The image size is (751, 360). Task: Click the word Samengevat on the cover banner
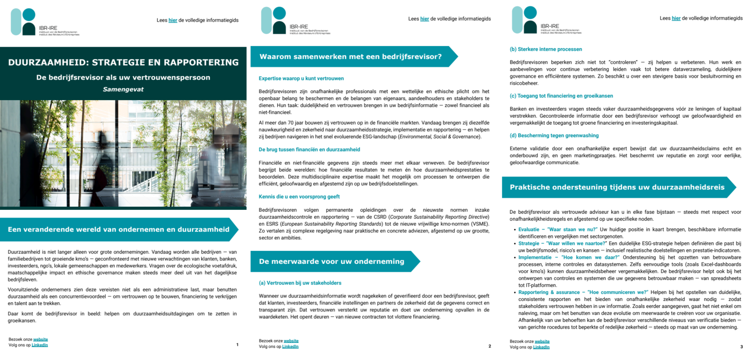click(x=123, y=90)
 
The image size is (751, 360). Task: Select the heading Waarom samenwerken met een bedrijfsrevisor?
click(x=350, y=57)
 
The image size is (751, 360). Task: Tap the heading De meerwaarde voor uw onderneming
click(x=331, y=261)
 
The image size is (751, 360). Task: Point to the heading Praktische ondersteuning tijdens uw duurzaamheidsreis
click(x=617, y=187)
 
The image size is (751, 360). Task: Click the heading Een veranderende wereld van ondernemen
click(x=119, y=229)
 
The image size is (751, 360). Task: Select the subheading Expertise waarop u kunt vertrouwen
click(x=301, y=79)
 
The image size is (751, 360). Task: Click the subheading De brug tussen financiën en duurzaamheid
click(x=309, y=149)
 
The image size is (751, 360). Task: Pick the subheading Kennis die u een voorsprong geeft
click(x=299, y=197)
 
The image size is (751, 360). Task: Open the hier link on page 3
click(x=676, y=19)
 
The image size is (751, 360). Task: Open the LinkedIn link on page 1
click(x=40, y=345)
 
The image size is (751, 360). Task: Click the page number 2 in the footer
click(x=489, y=346)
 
